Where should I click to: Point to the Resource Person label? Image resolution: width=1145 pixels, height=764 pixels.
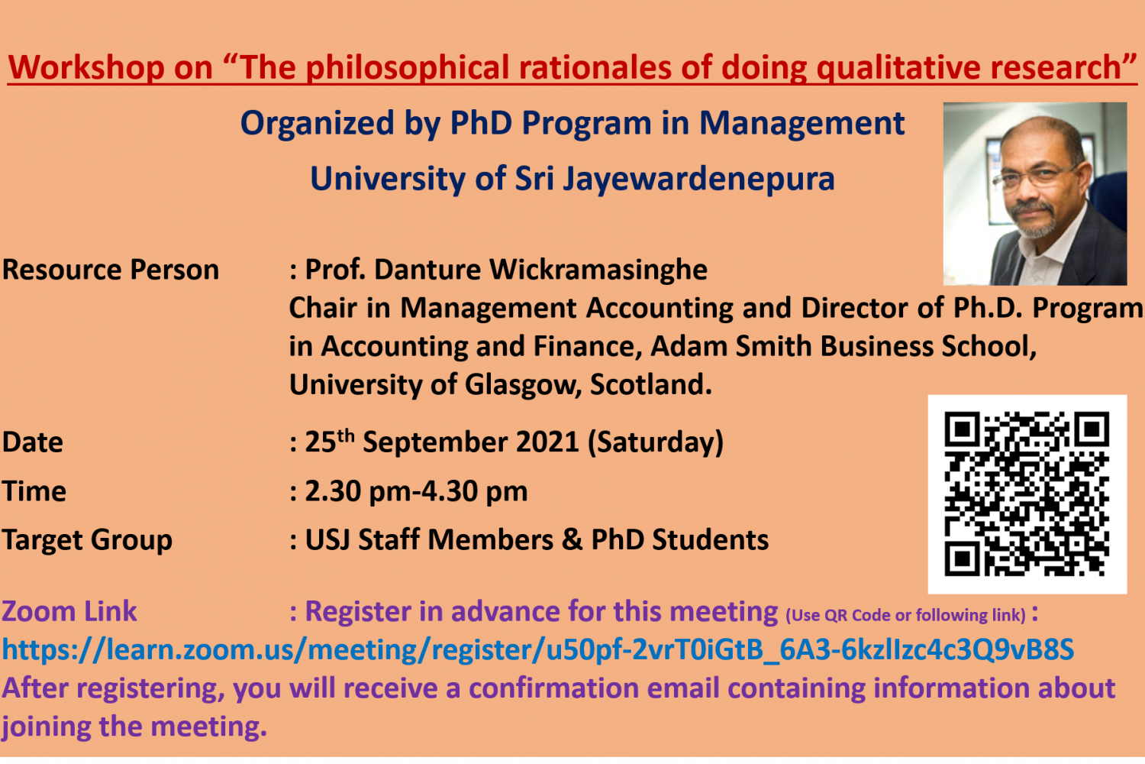tap(111, 270)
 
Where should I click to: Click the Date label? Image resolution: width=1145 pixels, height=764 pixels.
tap(33, 442)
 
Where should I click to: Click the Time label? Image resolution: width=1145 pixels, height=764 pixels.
tap(34, 491)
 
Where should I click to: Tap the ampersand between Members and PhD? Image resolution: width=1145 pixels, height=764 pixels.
tap(572, 540)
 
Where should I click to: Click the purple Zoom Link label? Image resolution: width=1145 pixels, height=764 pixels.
tap(69, 611)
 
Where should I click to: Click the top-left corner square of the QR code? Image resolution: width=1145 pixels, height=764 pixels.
tap(962, 429)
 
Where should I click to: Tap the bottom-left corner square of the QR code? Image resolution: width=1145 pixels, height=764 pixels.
tap(962, 558)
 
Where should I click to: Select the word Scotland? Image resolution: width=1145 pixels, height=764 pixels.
tap(650, 385)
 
